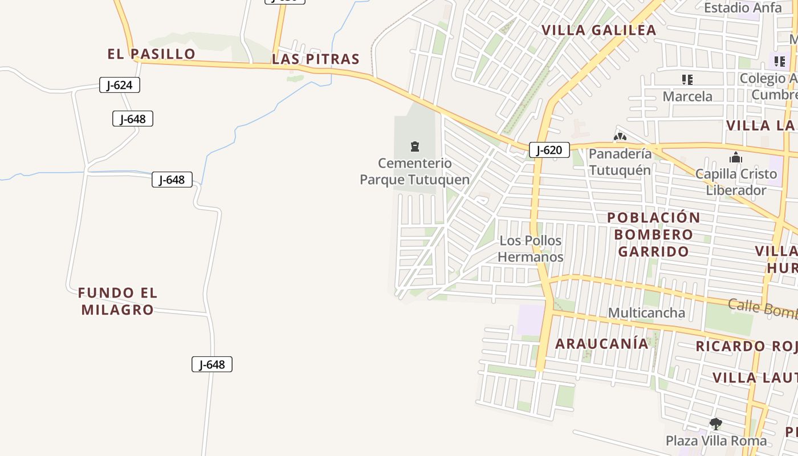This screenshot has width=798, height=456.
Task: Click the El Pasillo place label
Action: tap(151, 54)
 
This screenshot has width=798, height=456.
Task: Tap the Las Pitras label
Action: tap(316, 59)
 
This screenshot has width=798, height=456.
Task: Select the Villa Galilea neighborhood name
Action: tap(598, 30)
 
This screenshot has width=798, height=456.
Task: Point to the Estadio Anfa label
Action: tap(735, 8)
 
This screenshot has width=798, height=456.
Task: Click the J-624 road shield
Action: tap(120, 85)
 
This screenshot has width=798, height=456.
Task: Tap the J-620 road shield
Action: tap(549, 150)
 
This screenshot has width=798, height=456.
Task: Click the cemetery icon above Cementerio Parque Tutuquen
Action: tap(415, 147)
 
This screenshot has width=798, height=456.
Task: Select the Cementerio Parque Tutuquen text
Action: tap(415, 172)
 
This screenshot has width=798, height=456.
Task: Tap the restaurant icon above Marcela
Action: tap(687, 80)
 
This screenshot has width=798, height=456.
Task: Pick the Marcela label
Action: tap(687, 96)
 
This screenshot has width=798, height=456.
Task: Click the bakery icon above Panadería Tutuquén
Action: tap(620, 137)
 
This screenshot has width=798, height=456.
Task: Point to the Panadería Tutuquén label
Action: tap(620, 162)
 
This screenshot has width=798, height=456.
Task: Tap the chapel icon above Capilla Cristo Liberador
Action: tap(736, 157)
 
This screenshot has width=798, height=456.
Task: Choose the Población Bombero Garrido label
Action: tap(654, 234)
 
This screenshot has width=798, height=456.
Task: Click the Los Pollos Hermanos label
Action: tap(531, 249)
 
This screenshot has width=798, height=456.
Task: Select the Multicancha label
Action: tap(646, 312)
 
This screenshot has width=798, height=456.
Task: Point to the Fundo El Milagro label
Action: tap(117, 301)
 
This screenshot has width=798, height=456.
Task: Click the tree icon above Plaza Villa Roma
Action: tap(716, 424)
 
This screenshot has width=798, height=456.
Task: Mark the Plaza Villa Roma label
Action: tap(716, 441)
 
